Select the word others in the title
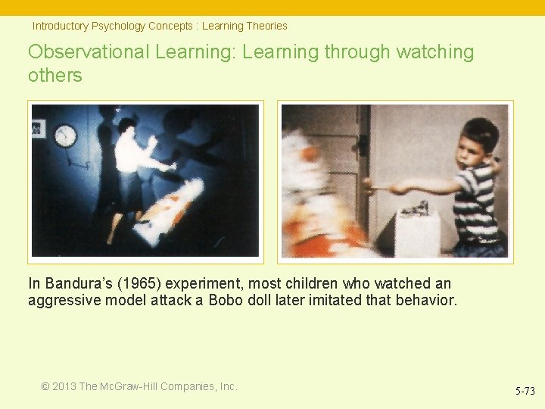pos(55,76)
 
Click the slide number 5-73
pos(525,391)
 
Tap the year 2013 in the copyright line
pos(64,386)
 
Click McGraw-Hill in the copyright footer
pos(132,386)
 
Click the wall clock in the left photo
pos(66,136)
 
